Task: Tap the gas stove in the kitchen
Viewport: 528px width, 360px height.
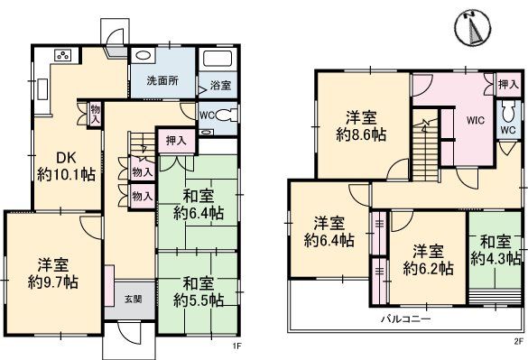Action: coord(64,55)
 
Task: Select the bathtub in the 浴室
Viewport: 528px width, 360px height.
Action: coord(217,60)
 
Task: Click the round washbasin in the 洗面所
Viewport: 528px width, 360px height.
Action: coord(143,56)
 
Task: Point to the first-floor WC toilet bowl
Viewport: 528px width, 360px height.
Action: coord(226,115)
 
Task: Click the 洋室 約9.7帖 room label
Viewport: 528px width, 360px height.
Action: coord(53,273)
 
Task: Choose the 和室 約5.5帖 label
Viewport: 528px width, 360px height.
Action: coord(199,291)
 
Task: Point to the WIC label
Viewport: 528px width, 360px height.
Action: coord(476,120)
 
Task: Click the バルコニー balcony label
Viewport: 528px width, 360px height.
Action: coord(406,318)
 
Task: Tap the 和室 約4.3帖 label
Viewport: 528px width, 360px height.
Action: coord(496,250)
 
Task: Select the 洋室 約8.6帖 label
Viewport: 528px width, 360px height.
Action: coord(361,126)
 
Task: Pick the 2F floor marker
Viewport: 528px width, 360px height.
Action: coord(518,342)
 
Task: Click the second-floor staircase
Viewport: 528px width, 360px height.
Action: coord(426,149)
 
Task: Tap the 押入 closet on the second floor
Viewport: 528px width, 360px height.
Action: coord(508,85)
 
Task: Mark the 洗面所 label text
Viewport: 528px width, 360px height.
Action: coord(162,81)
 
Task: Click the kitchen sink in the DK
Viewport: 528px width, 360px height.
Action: coord(42,89)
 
